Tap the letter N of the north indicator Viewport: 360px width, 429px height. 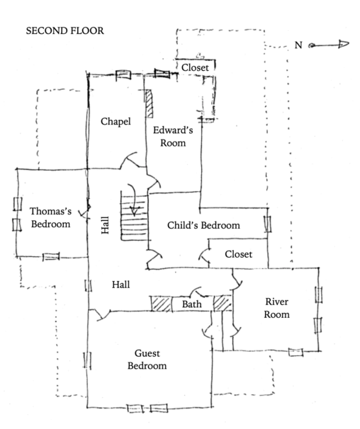[x=298, y=45]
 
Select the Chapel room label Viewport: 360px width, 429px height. [x=116, y=122]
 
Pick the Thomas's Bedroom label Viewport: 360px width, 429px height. [x=50, y=217]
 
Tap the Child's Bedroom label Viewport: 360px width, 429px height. [x=203, y=226]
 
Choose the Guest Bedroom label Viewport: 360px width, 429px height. [x=147, y=359]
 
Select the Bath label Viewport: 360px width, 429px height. [x=192, y=305]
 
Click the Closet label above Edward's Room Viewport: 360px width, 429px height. [x=195, y=67]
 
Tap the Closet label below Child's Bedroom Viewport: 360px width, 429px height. [x=238, y=254]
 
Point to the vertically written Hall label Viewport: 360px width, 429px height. [x=105, y=226]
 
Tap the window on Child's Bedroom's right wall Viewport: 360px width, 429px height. [x=269, y=226]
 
